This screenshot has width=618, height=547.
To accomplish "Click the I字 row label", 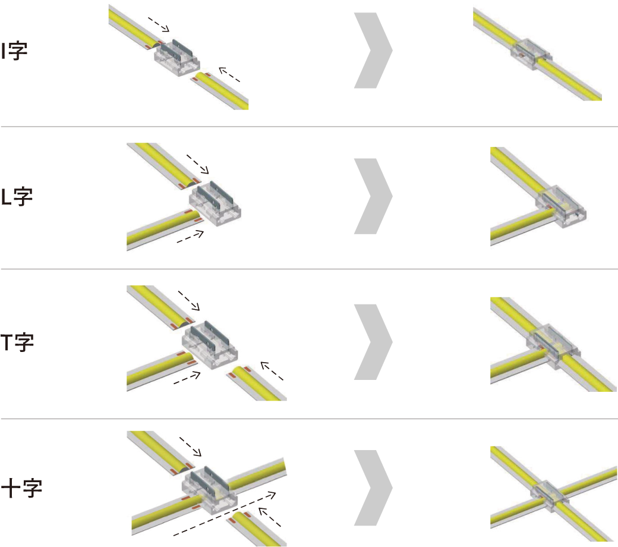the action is [x=14, y=51].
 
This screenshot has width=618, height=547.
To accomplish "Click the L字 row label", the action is [x=17, y=196].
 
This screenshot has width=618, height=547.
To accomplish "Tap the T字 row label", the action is [x=17, y=342].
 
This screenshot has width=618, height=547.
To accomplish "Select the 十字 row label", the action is [x=21, y=488].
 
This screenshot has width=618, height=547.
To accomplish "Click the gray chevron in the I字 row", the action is [x=373, y=51].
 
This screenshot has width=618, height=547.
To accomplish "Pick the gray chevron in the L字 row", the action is [x=373, y=196].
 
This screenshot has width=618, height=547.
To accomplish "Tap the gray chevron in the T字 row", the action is [x=373, y=342].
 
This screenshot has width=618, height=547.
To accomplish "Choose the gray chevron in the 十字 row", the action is [x=373, y=488].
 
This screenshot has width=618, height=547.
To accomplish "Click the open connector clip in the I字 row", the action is [x=177, y=58].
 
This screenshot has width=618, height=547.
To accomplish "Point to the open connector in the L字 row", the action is [x=215, y=203].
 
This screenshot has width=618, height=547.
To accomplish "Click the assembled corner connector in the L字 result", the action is [x=561, y=206].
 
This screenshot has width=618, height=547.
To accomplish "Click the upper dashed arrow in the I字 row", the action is [x=159, y=24].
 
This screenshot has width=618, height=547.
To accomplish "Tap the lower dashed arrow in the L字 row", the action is [x=190, y=237].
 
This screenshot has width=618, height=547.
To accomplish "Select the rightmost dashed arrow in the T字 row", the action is [x=272, y=371].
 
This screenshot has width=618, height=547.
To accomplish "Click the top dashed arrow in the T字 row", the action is [x=189, y=301].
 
